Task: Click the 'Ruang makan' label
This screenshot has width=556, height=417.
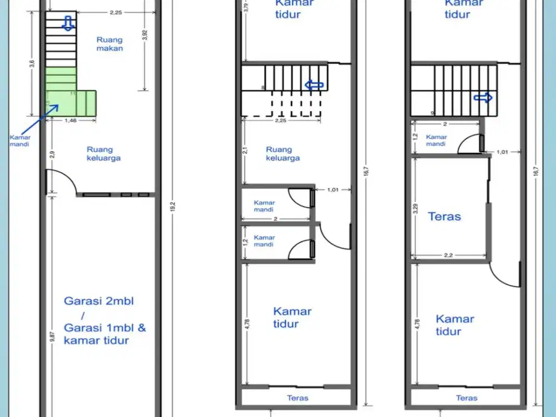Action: coord(110,44)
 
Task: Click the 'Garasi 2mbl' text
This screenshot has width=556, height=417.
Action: coord(99,301)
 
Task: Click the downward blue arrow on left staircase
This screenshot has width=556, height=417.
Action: coord(68,23)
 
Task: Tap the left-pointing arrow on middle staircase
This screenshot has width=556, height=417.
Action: coord(314,85)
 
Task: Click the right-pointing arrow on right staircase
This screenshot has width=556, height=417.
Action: coord(483,98)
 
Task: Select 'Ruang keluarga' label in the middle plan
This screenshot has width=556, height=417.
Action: coord(282,153)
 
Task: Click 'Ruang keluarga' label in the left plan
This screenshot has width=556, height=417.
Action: coord(103,153)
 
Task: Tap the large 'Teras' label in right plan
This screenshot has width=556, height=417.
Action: coord(444,216)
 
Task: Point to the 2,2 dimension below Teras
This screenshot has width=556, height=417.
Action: coord(449,255)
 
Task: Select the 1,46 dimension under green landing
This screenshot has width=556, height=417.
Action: coord(70,120)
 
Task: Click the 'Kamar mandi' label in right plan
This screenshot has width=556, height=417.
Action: coord(436,140)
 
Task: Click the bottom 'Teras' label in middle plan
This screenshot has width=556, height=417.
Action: coord(297,398)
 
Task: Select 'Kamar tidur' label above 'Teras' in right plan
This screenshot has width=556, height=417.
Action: coord(455,325)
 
